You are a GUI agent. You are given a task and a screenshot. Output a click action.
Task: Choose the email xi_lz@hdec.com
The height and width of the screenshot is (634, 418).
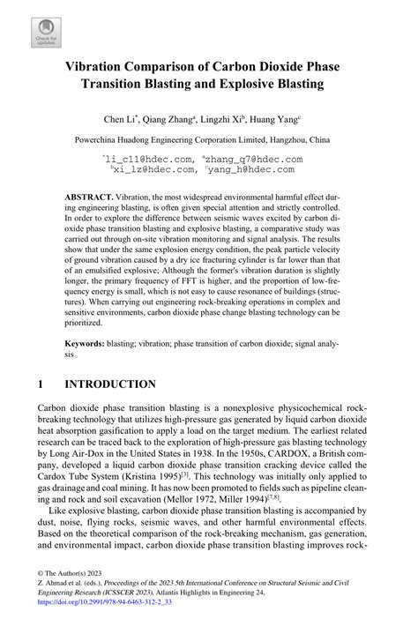pyautogui.click(x=150, y=170)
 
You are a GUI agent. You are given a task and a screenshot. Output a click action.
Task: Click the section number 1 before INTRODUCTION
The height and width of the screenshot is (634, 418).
pyautogui.click(x=41, y=384)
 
